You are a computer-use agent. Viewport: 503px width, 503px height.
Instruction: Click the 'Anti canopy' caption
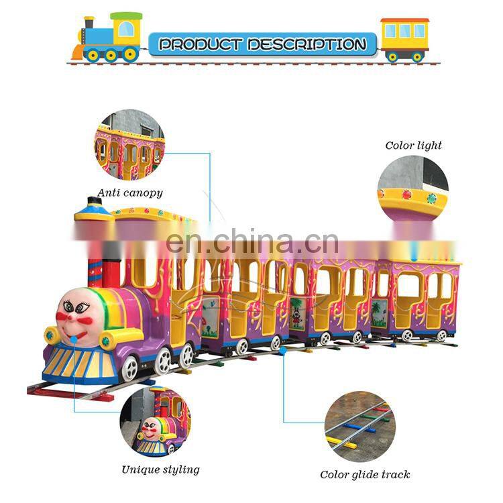(x=130, y=193)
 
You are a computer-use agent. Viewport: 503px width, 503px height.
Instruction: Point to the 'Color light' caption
(x=413, y=145)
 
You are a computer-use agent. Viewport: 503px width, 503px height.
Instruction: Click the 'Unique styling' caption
(x=160, y=469)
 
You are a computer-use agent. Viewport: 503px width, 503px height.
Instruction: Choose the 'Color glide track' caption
(x=365, y=474)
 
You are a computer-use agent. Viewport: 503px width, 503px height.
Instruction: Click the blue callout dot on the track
(x=282, y=350)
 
